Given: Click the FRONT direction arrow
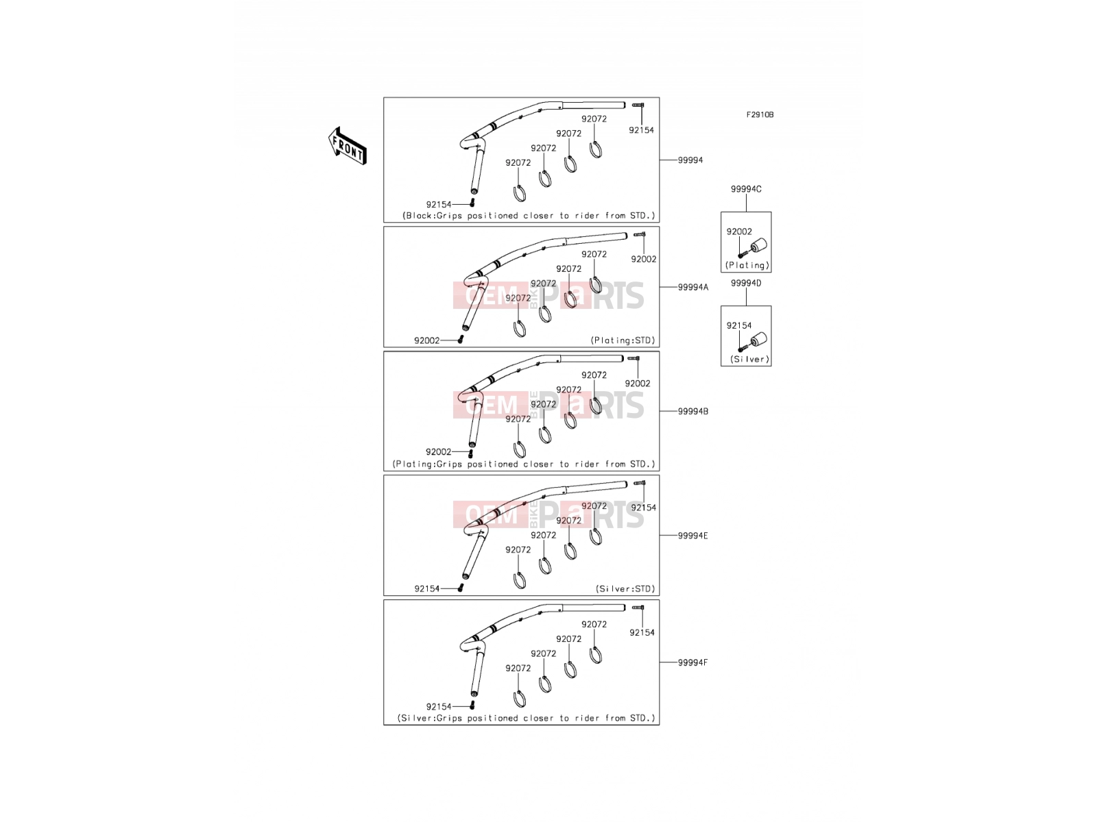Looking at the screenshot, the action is click(x=348, y=146).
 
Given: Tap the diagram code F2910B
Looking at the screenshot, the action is click(x=760, y=115).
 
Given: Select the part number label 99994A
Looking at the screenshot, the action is click(x=692, y=287).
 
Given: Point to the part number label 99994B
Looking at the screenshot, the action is click(x=692, y=411).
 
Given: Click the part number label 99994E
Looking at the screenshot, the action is click(x=692, y=536).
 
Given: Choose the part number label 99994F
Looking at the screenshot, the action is click(x=692, y=662).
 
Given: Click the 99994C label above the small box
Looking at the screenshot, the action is click(x=746, y=189).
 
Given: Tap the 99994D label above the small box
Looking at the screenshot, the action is click(x=746, y=283).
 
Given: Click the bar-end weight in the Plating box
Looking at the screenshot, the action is click(x=759, y=246).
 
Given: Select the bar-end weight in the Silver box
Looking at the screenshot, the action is click(x=759, y=340).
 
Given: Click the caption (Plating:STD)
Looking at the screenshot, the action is click(x=623, y=340).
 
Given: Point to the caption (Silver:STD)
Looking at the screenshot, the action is click(x=625, y=589).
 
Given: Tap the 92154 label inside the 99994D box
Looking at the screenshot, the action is click(x=738, y=325).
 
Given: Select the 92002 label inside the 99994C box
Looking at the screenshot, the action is click(x=738, y=232).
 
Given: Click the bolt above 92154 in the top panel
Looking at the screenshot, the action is click(x=638, y=105).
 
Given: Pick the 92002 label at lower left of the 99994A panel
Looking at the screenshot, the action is click(x=427, y=340).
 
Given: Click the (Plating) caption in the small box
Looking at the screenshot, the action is click(x=747, y=266).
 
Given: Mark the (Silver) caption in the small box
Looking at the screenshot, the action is click(x=749, y=360).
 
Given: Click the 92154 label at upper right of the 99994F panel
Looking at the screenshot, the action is click(x=642, y=632).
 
